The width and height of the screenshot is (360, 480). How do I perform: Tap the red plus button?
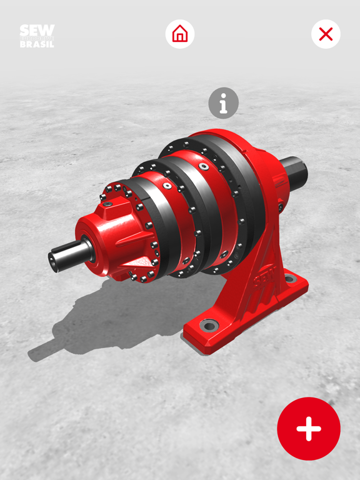(x=309, y=429)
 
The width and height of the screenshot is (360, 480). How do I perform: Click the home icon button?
(x=180, y=34)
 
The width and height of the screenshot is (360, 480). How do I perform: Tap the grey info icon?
(x=223, y=103)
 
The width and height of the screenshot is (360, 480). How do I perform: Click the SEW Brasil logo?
(x=37, y=36)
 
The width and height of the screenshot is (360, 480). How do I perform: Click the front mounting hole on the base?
(x=208, y=326)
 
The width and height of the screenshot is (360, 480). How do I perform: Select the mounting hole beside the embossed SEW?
(x=289, y=278)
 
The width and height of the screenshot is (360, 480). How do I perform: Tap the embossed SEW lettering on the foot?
(x=264, y=275)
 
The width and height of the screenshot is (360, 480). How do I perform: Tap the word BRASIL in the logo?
(x=37, y=44)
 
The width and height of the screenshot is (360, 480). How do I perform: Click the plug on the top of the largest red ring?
(x=204, y=166)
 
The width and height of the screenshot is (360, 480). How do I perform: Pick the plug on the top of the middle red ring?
(x=167, y=185)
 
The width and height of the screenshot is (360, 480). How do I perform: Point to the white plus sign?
(x=309, y=429)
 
